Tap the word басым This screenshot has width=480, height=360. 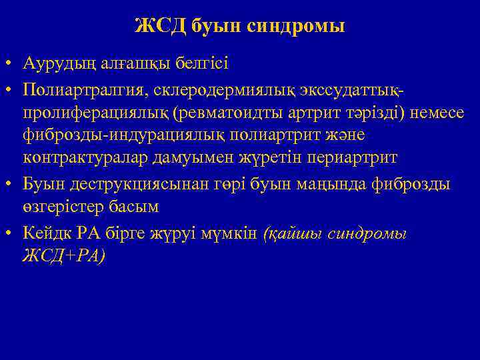coord(137,207)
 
